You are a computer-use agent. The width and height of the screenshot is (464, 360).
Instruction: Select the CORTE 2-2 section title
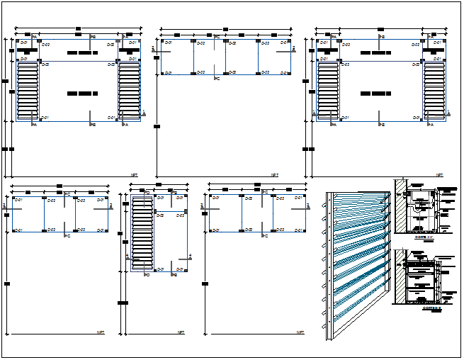(431, 308)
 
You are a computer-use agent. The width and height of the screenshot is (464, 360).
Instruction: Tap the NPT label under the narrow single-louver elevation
(181, 332)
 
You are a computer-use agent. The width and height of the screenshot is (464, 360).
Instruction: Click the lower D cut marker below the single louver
(145, 274)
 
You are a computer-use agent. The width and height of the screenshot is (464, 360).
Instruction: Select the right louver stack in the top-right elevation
(434, 92)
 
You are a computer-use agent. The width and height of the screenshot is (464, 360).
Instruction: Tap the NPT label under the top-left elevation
(134, 174)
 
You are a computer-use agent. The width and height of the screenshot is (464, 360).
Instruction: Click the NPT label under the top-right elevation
(439, 174)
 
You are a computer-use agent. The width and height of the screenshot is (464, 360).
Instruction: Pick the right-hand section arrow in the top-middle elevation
(292, 48)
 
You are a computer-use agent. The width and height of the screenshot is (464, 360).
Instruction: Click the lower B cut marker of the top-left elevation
(92, 125)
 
